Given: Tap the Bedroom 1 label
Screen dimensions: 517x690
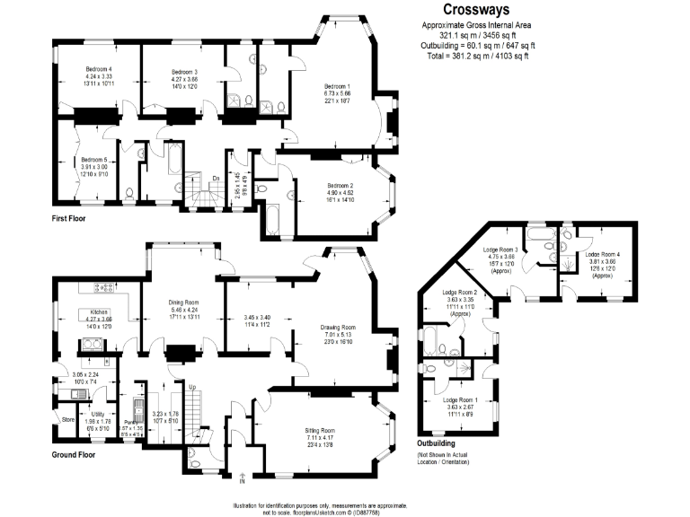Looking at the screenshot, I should click(x=337, y=86).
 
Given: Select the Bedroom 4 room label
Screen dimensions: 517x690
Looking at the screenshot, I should click(x=99, y=69).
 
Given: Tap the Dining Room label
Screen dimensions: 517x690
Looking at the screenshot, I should click(x=183, y=302).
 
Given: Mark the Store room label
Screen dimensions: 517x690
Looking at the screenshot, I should click(x=67, y=418).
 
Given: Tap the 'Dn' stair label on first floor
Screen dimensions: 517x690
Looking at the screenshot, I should click(x=216, y=179).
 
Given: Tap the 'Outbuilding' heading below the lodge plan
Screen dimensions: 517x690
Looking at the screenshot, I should click(x=437, y=443).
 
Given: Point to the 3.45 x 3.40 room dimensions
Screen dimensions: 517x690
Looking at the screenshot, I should click(x=257, y=317).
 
